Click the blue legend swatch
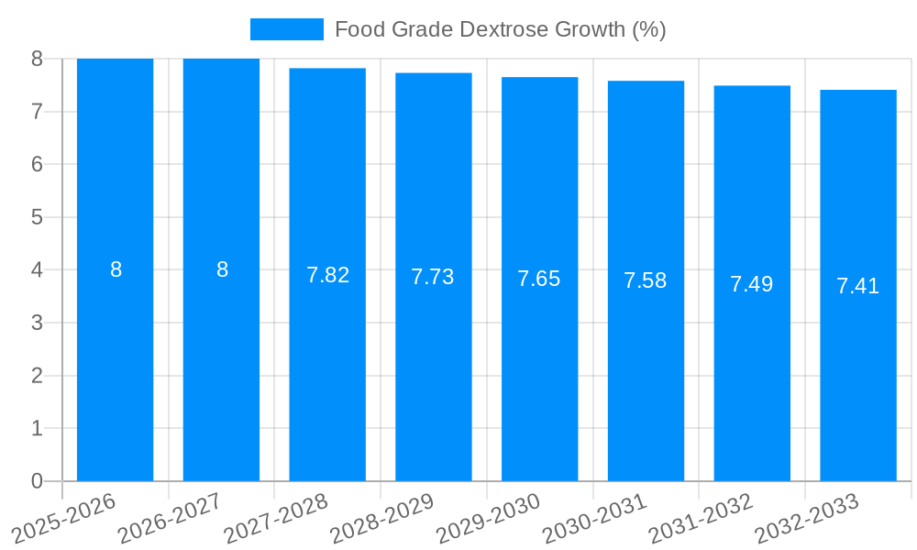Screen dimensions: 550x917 286,29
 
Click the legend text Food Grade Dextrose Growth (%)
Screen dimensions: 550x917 500,29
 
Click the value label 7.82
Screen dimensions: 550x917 327,275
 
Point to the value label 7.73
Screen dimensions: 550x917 433,277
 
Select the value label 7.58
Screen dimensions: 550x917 646,280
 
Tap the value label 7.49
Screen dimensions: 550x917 752,284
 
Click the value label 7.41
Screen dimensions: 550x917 858,286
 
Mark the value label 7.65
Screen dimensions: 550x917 539,279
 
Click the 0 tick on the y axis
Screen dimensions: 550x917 37,481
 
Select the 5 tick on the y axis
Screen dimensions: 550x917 37,217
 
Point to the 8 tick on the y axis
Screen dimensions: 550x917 37,59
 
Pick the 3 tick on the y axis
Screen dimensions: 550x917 37,323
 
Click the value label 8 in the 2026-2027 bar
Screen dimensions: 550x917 222,269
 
